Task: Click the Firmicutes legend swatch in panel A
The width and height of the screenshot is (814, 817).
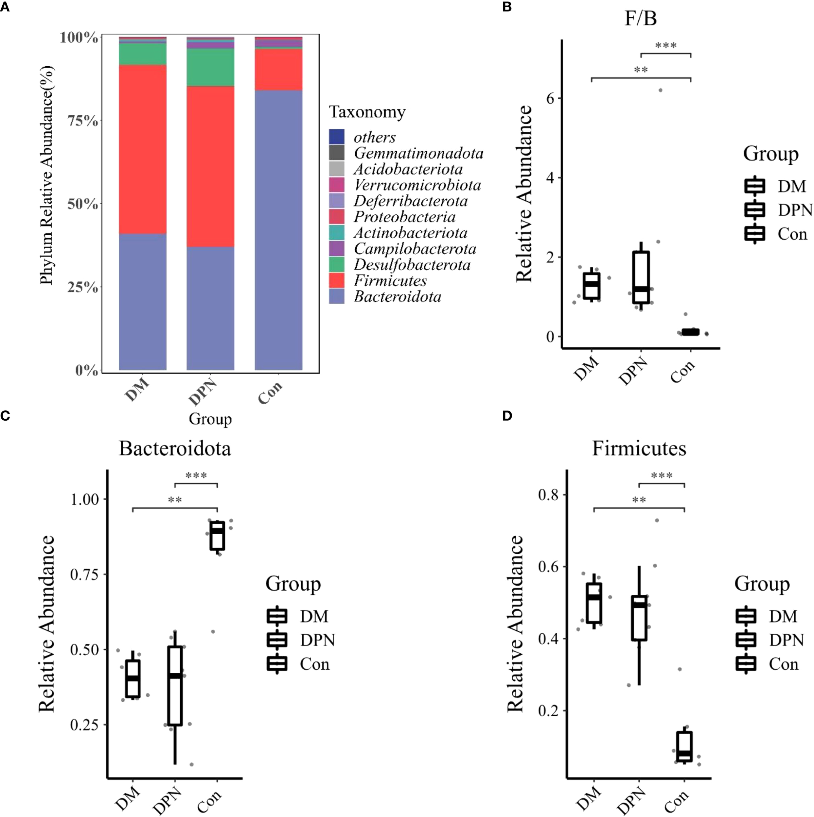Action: (337, 280)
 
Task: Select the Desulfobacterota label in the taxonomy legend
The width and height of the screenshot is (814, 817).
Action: (412, 265)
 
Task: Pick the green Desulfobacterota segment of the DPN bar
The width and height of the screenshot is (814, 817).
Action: (210, 67)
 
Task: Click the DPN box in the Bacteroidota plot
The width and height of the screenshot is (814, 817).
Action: (175, 685)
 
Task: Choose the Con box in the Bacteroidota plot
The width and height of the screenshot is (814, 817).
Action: (217, 536)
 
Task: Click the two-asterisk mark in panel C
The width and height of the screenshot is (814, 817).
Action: (175, 500)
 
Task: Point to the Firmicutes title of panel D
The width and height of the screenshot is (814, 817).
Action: (639, 449)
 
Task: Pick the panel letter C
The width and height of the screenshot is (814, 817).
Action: (5, 416)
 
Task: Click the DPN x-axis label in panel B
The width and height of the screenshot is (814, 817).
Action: (633, 371)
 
